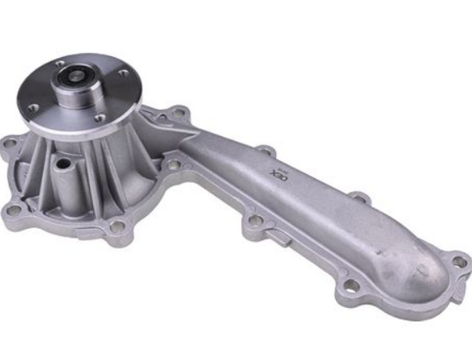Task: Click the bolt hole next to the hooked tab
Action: click(254, 221)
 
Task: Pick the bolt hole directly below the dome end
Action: click(351, 285)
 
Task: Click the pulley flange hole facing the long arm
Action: click(124, 74)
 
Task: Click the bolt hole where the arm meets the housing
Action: click(173, 165)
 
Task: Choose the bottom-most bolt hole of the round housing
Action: click(117, 226)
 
